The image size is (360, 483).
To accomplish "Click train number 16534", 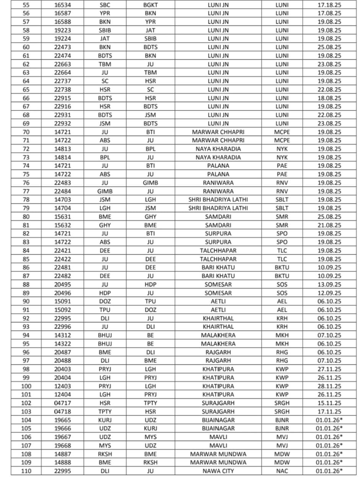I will pyautogui.click(x=63, y=5).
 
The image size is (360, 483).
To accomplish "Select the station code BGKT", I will pyautogui.click(x=150, y=5).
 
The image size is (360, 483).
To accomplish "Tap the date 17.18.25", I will pyautogui.click(x=329, y=5).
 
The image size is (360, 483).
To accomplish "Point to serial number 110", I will pyautogui.click(x=26, y=471).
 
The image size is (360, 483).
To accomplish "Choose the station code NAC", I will pyautogui.click(x=282, y=471).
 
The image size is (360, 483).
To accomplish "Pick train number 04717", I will pyautogui.click(x=63, y=403).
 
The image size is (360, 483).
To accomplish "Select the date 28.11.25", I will pyautogui.click(x=329, y=386).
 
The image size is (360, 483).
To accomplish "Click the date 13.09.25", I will pyautogui.click(x=329, y=285).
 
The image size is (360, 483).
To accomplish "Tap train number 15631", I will pyautogui.click(x=63, y=217).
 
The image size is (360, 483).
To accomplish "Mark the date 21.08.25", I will pyautogui.click(x=329, y=225).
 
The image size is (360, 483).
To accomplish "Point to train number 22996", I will pyautogui.click(x=63, y=327).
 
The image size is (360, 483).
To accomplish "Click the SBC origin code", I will pyautogui.click(x=105, y=5).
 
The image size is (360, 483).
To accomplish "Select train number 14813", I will pyautogui.click(x=63, y=149).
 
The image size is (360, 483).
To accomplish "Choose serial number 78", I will pyautogui.click(x=26, y=200).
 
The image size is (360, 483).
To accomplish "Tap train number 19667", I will pyautogui.click(x=63, y=437).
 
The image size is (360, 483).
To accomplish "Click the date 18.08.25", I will pyautogui.click(x=329, y=98).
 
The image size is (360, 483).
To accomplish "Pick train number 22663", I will pyautogui.click(x=63, y=64).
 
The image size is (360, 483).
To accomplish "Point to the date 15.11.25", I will pyautogui.click(x=329, y=403).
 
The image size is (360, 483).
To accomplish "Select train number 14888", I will pyautogui.click(x=63, y=462).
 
